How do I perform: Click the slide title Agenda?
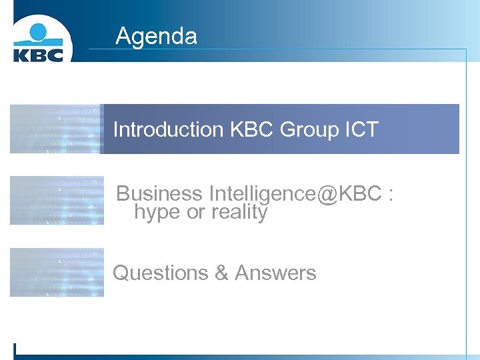tap(156, 35)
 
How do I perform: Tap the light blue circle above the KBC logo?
tap(37, 32)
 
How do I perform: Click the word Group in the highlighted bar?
tap(309, 129)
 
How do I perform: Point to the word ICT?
tap(361, 129)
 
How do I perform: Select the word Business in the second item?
tap(159, 193)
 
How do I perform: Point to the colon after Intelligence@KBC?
tap(390, 195)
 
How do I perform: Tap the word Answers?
tap(275, 273)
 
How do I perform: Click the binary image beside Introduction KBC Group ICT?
tap(57, 129)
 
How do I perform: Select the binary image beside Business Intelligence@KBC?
tap(57, 200)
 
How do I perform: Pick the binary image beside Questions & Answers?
tap(57, 272)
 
